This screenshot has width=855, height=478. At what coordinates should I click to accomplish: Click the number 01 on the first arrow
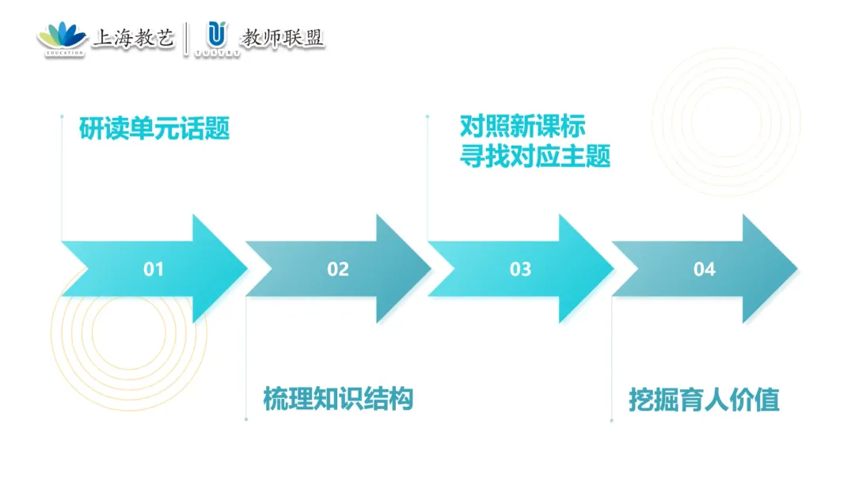pos(153,270)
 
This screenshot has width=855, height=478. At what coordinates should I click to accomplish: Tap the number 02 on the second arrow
pos(338,270)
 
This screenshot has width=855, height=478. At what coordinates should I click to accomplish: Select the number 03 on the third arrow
pos(520,270)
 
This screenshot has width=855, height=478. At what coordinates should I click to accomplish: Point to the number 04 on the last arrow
pos(704,270)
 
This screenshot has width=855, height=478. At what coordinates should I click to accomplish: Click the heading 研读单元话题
pos(154,128)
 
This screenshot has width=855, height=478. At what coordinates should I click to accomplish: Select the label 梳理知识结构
pos(338,399)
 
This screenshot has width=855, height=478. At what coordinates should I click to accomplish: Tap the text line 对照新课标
pos(522,127)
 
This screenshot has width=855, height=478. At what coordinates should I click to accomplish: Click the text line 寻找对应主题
pos(535,156)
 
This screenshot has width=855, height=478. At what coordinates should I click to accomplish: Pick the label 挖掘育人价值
pos(704,399)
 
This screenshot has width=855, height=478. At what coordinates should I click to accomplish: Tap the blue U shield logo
pos(214,35)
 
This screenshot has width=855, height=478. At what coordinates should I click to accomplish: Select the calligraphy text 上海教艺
pos(133,37)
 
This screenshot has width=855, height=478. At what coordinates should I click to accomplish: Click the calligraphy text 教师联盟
pos(283,37)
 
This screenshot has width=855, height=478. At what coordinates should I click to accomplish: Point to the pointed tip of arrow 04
pos(796,269)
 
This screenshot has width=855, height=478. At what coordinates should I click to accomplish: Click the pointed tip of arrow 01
pos(246,269)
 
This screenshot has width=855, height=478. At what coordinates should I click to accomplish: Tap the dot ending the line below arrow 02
pos(246,419)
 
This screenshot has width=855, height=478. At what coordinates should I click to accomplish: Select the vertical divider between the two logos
pos(187,38)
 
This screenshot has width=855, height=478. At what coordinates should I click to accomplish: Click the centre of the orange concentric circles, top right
pos(725,111)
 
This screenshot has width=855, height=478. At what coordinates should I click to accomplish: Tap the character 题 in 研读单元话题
pos(218,128)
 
